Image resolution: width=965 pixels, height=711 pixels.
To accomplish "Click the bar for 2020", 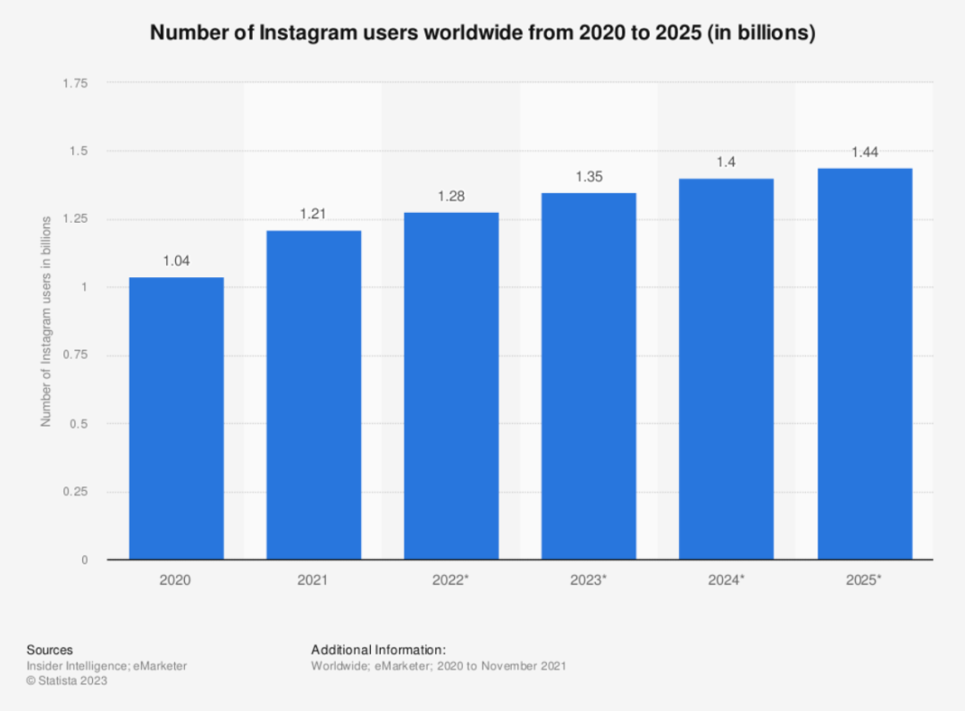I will (176, 418).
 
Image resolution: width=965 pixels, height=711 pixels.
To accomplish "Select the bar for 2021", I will (314, 394).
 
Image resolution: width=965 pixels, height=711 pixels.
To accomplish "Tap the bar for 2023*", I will (589, 376).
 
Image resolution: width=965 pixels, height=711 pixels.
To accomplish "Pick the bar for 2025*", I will (865, 363).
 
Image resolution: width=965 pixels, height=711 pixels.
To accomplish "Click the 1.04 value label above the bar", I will (176, 261).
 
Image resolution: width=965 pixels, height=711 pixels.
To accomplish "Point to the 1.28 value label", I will (451, 196).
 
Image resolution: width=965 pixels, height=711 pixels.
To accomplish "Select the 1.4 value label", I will (726, 162).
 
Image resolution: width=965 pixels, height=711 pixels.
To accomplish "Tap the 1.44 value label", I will (865, 152).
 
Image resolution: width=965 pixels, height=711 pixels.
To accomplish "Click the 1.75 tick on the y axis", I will (75, 83).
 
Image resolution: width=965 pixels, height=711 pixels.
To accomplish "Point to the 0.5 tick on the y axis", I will (80, 423).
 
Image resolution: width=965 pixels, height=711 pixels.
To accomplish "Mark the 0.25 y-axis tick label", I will (75, 491).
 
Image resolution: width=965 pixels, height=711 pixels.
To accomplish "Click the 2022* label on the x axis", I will (451, 580).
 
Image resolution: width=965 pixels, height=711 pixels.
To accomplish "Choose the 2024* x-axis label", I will (726, 580).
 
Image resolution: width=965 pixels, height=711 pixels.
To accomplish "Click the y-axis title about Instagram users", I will (46, 321).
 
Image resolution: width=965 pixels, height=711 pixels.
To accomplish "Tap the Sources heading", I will (49, 650).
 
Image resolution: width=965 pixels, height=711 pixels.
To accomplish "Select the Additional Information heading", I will (378, 650).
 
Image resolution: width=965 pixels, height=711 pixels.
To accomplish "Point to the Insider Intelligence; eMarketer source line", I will (106, 665).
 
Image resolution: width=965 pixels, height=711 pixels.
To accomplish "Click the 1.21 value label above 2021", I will (314, 215).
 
